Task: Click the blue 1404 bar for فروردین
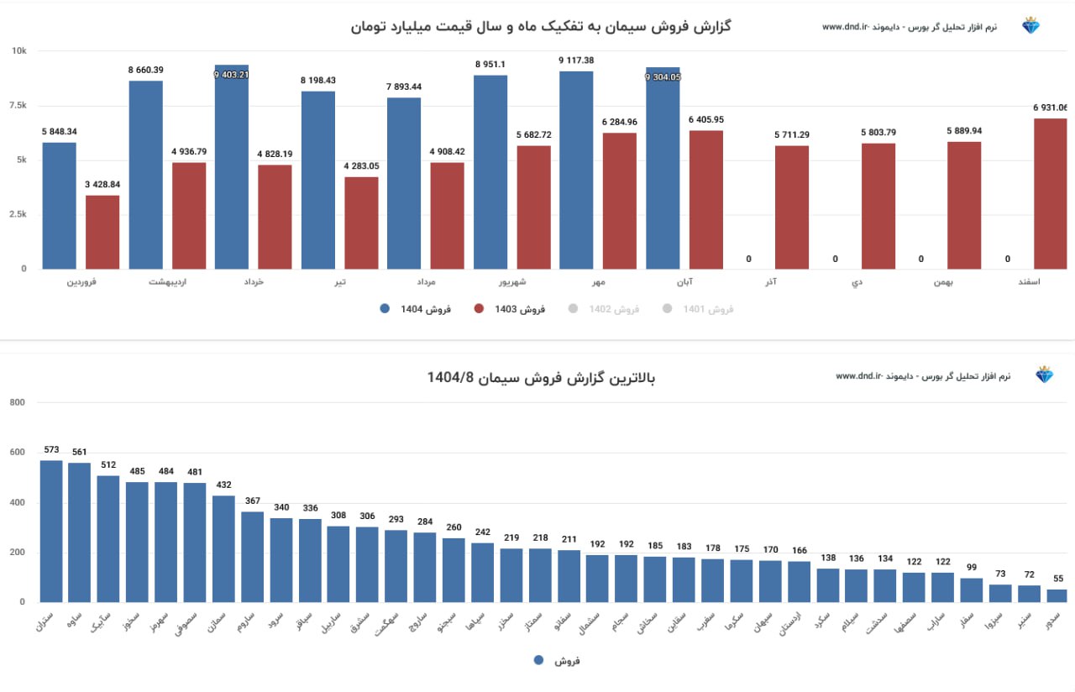[x=59, y=206]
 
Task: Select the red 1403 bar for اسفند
[x=1050, y=194]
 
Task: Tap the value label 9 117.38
[x=576, y=60]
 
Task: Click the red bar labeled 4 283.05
[x=361, y=223]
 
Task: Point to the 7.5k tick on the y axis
[x=18, y=105]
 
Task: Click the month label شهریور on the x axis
[x=490, y=282]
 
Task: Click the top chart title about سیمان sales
[x=541, y=26]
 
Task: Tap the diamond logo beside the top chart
[x=1030, y=26]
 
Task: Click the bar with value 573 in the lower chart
[x=51, y=531]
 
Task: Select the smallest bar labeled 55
[x=1057, y=595]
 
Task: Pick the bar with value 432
[x=223, y=548]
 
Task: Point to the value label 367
[x=253, y=501]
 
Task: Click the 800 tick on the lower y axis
[x=17, y=403]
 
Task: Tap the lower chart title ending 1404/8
[x=541, y=378]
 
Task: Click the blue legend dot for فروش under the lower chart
[x=539, y=660]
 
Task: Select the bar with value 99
[x=971, y=590]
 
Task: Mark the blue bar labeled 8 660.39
[x=146, y=175]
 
